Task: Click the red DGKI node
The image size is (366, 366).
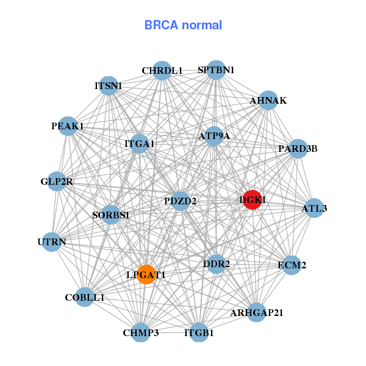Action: [253, 199]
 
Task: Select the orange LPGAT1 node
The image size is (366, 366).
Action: [146, 274]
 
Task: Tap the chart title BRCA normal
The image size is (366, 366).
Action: [183, 25]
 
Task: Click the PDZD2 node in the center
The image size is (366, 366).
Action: [180, 201]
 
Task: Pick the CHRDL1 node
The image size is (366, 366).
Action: [162, 71]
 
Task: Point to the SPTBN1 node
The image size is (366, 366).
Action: [216, 70]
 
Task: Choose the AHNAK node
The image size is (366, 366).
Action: [268, 101]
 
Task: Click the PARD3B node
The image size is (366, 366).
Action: [298, 148]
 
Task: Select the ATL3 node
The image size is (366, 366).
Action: [314, 208]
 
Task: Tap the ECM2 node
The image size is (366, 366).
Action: [292, 265]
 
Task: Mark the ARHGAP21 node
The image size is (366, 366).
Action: [257, 312]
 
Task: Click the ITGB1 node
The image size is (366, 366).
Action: [199, 332]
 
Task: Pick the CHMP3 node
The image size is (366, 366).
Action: [141, 332]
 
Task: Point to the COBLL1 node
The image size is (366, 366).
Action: [85, 297]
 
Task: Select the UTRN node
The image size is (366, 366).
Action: [52, 242]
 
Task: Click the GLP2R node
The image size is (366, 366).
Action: [57, 181]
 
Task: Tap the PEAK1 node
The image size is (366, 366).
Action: [68, 126]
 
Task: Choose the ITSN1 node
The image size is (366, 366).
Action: [108, 86]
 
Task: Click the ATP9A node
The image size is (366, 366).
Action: [214, 136]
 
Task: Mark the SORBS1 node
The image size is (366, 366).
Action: [110, 215]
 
